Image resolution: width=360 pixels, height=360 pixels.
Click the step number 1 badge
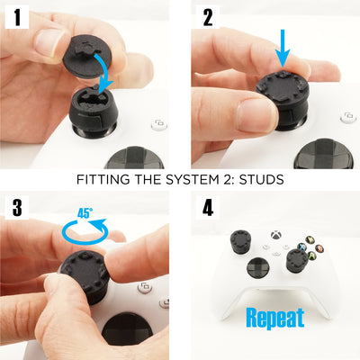tap(16, 17)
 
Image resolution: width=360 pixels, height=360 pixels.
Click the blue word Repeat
tap(274, 317)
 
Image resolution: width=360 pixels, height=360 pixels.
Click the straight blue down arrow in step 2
tap(282, 46)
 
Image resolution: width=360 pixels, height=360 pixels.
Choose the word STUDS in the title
tap(260, 179)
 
